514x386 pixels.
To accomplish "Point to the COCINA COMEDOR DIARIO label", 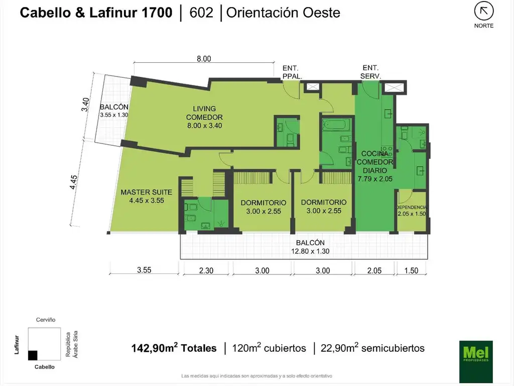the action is click(x=375, y=166).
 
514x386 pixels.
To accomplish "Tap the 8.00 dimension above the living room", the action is click(x=204, y=59).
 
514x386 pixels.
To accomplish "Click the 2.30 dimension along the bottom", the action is click(x=206, y=270).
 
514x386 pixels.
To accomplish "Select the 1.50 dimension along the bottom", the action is click(x=411, y=270).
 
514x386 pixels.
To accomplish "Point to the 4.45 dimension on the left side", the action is click(x=74, y=182).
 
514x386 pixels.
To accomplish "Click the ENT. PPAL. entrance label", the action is click(x=292, y=72).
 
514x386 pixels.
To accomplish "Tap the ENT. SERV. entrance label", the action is click(x=370, y=72).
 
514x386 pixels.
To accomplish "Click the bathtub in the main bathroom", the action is click(x=336, y=125).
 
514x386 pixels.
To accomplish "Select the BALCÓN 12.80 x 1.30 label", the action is click(x=310, y=247).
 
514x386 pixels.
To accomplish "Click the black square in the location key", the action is click(x=33, y=355).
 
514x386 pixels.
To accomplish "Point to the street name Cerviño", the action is click(x=46, y=320).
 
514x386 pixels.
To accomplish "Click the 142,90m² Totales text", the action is click(x=174, y=348).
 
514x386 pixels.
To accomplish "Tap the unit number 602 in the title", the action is click(x=201, y=13).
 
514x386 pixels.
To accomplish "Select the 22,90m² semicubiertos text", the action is click(x=372, y=348).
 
